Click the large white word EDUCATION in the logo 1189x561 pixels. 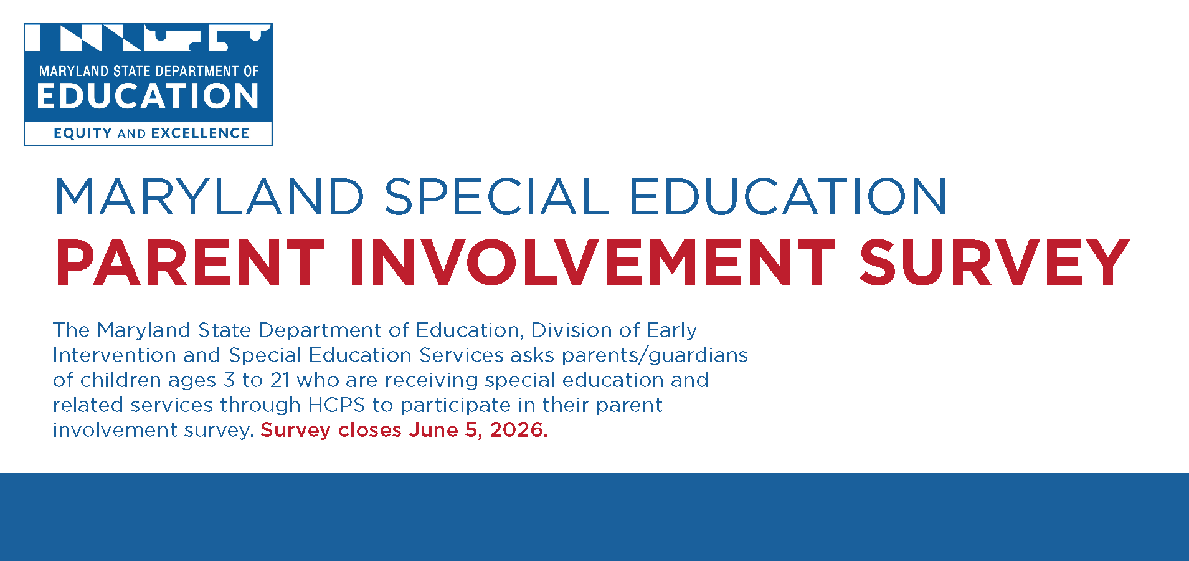pyautogui.click(x=148, y=97)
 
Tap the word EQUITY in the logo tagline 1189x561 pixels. pyautogui.click(x=83, y=133)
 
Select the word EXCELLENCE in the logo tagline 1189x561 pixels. pyautogui.click(x=200, y=133)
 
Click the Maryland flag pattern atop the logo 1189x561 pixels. pyautogui.click(x=148, y=37)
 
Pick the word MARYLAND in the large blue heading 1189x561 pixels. pyautogui.click(x=209, y=197)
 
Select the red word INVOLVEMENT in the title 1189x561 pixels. pyautogui.click(x=592, y=263)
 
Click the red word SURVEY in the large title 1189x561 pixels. pyautogui.click(x=994, y=263)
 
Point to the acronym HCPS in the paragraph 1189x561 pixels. pyautogui.click(x=336, y=405)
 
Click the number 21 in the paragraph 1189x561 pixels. pyautogui.click(x=280, y=380)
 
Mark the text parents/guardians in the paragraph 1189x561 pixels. pyautogui.click(x=654, y=355)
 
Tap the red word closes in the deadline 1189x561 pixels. pyautogui.click(x=370, y=430)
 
